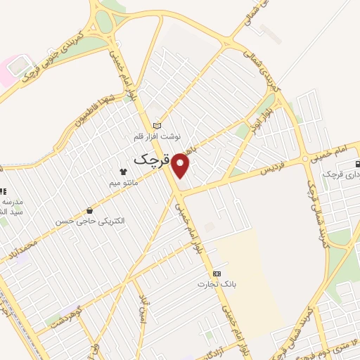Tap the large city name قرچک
pyautogui.click(x=151, y=160)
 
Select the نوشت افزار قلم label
pyautogui.click(x=158, y=136)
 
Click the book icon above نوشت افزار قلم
pyautogui.click(x=157, y=125)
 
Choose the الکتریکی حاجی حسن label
pyautogui.click(x=91, y=221)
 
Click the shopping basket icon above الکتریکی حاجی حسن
pyautogui.click(x=89, y=210)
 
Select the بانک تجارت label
pyautogui.click(x=217, y=284)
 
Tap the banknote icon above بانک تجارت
pyautogui.click(x=217, y=274)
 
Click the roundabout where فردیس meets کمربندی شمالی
pyautogui.click(x=306, y=159)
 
